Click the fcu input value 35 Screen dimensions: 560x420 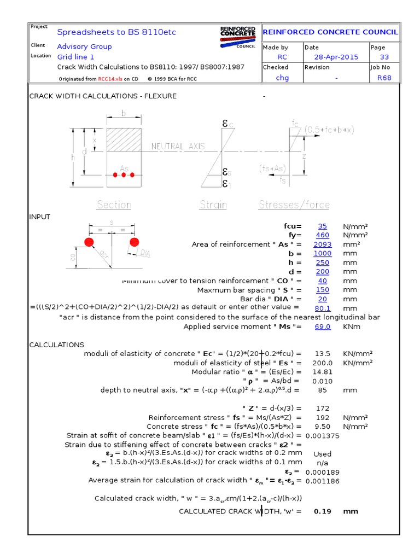click(322, 226)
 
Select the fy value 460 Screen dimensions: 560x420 click(322, 235)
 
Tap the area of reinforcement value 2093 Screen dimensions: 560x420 click(322, 244)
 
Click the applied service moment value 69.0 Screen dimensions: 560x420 click(322, 326)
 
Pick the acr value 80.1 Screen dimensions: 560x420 click(322, 308)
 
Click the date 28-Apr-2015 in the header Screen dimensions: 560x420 click(336, 57)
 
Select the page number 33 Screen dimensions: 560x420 click(384, 57)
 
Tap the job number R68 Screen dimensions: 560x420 click(384, 78)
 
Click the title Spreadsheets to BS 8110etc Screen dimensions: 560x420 click(116, 32)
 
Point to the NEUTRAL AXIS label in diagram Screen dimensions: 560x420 click(178, 147)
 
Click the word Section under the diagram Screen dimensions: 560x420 click(114, 205)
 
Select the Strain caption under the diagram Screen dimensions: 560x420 click(213, 205)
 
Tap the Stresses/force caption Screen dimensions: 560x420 click(294, 205)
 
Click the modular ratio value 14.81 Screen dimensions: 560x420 click(322, 372)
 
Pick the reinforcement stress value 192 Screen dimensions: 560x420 click(322, 417)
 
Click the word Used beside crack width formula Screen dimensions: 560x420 click(322, 454)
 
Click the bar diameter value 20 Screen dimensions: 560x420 click(322, 299)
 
